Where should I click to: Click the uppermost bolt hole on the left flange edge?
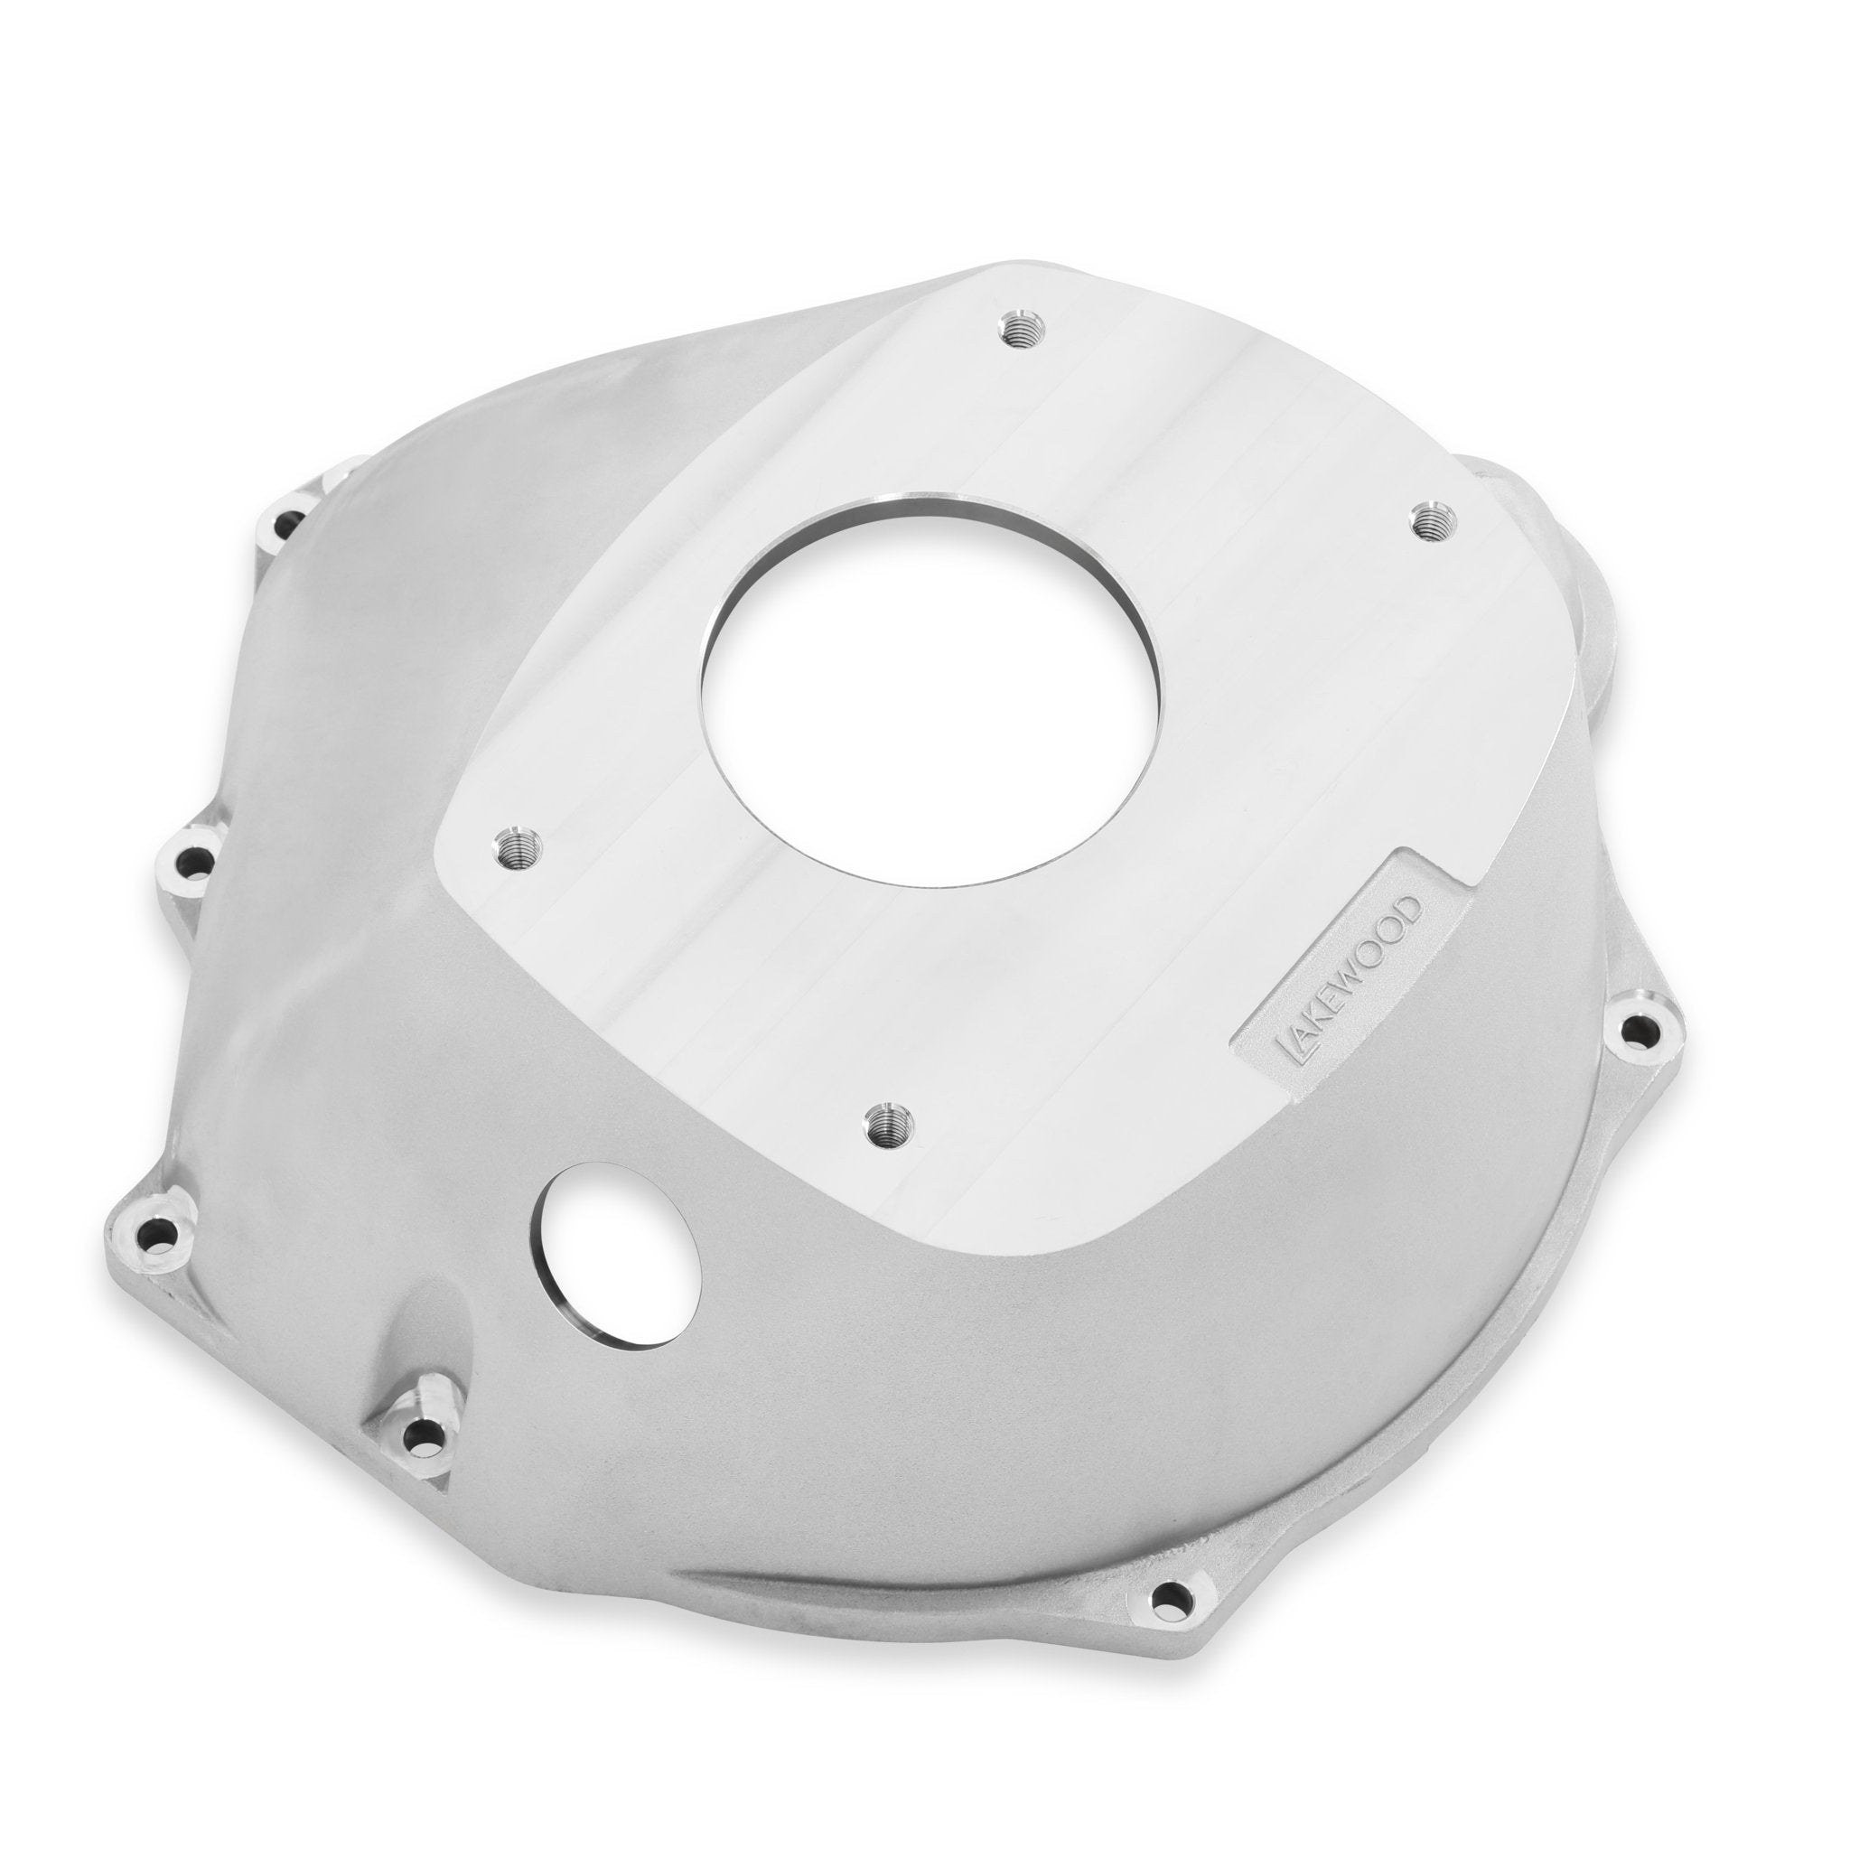pyautogui.click(x=289, y=522)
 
